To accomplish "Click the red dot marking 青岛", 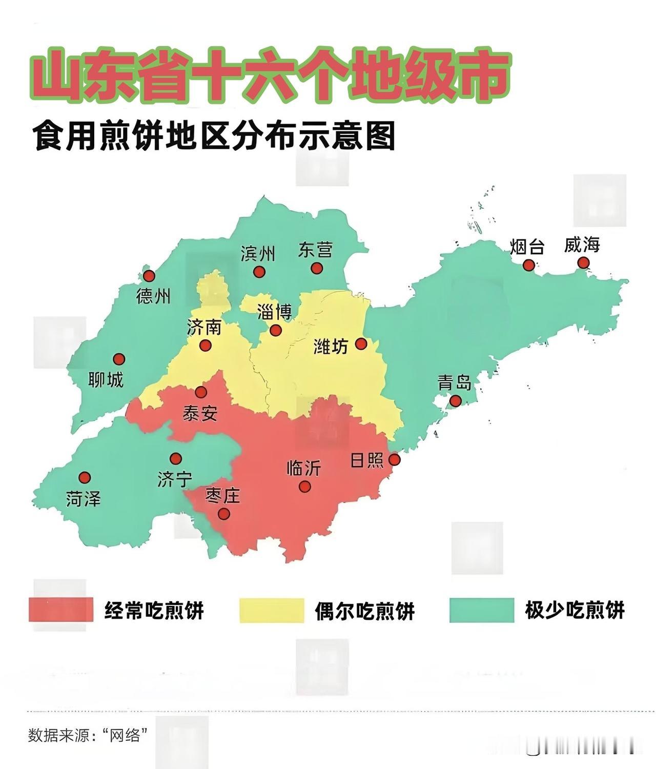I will coord(455,400).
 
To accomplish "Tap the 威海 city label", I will coord(582,245).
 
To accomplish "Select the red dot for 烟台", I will coord(528,265).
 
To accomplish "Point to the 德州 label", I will coord(153,296).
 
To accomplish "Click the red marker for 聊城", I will coord(119,358).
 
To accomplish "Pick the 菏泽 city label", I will coord(84,498).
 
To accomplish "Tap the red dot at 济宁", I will coord(176,458).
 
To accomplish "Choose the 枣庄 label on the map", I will coord(222,496).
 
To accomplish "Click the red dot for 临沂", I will coord(304,487).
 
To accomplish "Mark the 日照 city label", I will coord(367,460).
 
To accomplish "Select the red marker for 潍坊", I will coord(361,343).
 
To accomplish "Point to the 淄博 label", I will coord(274,312).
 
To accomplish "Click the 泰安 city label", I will coord(200,413).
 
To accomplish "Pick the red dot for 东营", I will coord(317,268).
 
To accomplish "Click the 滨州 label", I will coord(258,253).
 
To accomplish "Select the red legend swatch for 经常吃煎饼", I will coord(61,610).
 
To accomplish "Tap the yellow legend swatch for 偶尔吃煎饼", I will coord(272,610).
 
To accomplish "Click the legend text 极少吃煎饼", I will coord(575,610).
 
